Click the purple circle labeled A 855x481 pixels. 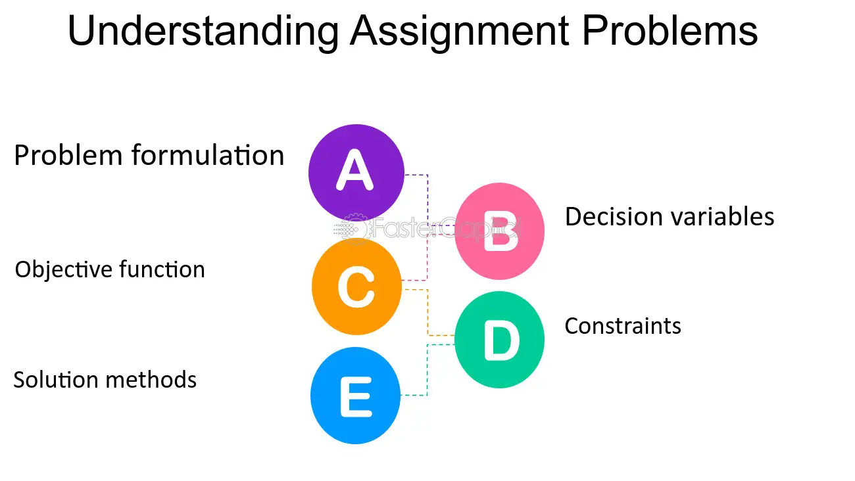356,172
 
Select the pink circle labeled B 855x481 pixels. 500,231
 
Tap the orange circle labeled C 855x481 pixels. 356,287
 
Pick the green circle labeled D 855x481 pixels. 500,340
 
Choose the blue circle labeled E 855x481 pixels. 355,396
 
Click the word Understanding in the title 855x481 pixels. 203,32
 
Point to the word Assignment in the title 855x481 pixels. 460,32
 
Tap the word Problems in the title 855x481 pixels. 670,30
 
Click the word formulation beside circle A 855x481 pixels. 208,155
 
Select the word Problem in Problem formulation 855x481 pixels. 68,155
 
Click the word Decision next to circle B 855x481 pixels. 614,217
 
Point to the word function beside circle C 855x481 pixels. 162,269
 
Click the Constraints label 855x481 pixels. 623,326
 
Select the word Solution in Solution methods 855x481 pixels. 56,380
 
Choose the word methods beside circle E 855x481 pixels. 151,380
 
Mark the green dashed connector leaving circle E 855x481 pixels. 427,369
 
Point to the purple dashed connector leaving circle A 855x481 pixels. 427,200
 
